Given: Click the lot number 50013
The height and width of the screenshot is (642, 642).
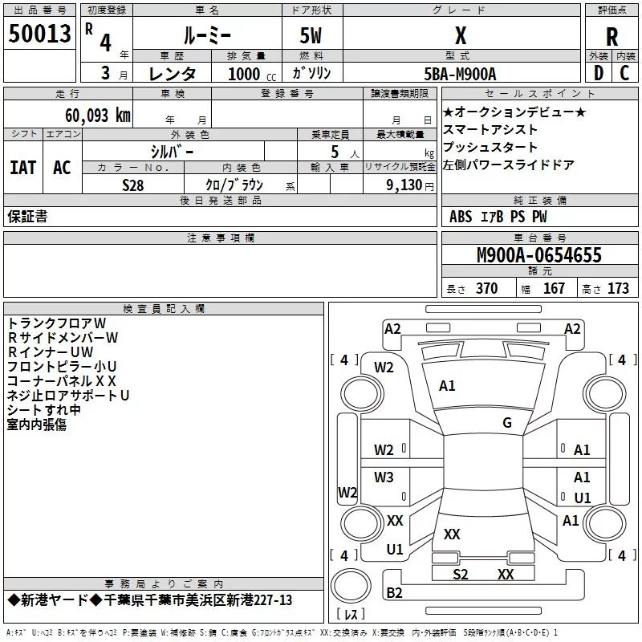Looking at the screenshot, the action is (x=40, y=35).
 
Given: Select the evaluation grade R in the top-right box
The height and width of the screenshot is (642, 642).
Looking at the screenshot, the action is (x=612, y=37).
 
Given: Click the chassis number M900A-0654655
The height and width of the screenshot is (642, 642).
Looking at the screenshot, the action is (x=538, y=256).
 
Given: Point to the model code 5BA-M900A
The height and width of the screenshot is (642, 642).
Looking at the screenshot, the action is (x=460, y=74).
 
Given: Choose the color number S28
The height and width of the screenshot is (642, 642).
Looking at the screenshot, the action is (x=133, y=185).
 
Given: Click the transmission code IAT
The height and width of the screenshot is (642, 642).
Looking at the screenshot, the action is (x=22, y=167).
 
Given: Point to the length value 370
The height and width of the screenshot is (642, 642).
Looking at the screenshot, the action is (x=486, y=289).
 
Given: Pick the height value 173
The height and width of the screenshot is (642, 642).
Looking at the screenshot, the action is (x=618, y=289).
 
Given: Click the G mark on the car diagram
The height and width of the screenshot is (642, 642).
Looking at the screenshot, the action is (x=506, y=423).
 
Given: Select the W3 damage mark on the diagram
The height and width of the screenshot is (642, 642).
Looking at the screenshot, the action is (x=384, y=477).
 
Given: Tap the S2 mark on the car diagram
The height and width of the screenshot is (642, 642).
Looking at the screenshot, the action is (x=460, y=575).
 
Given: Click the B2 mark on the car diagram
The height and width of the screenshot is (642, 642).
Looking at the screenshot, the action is (x=394, y=593).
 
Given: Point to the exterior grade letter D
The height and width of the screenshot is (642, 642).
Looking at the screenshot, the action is (x=597, y=74).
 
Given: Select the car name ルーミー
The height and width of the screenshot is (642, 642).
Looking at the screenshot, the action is (x=207, y=37).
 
